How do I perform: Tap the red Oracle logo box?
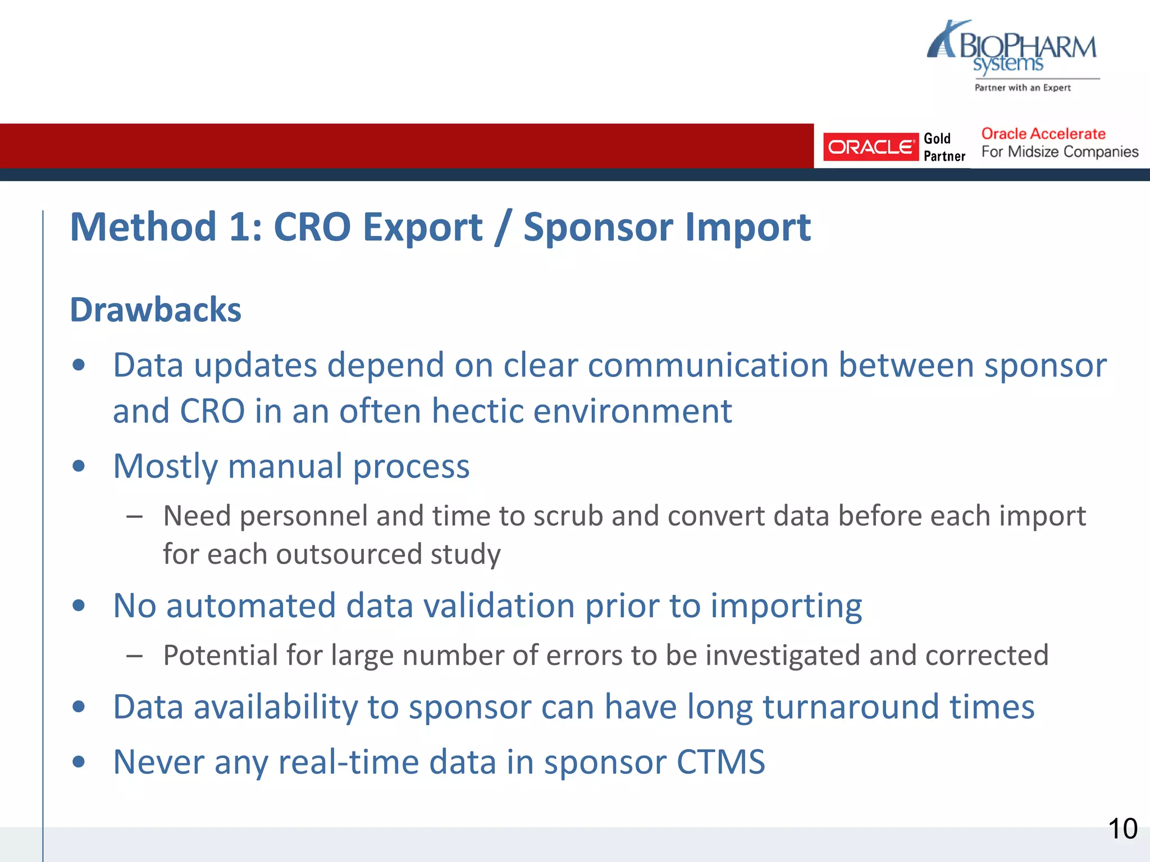click(870, 147)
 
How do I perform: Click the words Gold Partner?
click(944, 147)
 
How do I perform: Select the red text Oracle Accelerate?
click(1043, 134)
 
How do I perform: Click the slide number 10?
click(1122, 829)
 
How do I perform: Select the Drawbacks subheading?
click(156, 310)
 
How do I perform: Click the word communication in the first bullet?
click(708, 366)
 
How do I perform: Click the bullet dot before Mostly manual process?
click(79, 466)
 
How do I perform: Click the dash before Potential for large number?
click(134, 655)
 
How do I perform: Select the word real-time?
click(348, 762)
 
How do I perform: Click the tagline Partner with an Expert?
click(1022, 88)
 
